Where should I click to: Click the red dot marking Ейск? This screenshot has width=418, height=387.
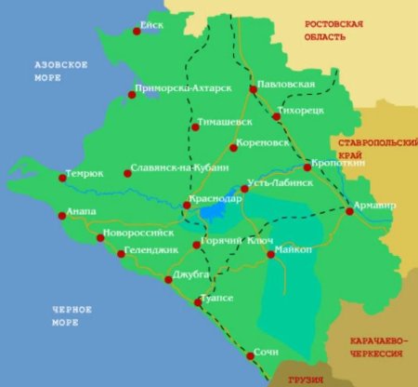click(137, 31)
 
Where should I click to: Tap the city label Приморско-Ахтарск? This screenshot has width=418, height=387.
click(182, 88)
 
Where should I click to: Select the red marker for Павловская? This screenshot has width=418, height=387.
click(253, 90)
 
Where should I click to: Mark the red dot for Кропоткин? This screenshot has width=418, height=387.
click(307, 167)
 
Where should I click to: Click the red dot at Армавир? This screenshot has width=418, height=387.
click(349, 212)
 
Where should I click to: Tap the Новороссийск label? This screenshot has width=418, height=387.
click(145, 232)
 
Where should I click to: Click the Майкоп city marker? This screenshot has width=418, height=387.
click(270, 254)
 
